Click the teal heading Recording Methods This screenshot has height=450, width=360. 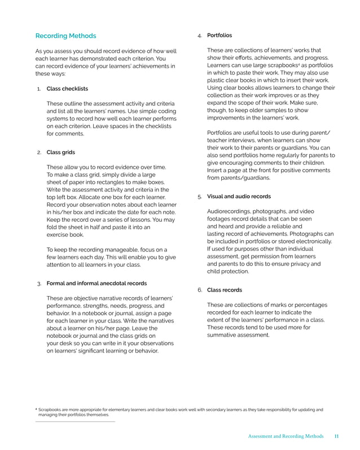pyautogui.click(x=65, y=36)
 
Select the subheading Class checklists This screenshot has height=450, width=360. pyautogui.click(x=67, y=89)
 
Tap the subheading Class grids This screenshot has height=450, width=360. pyautogui.click(x=60, y=152)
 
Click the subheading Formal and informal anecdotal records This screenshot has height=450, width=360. pyautogui.click(x=96, y=283)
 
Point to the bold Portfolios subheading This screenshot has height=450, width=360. pyautogui.click(x=219, y=36)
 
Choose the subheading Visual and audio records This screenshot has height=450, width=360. pyautogui.click(x=239, y=197)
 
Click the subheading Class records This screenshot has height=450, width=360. pyautogui.click(x=225, y=290)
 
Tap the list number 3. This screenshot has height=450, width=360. pyautogui.click(x=38, y=283)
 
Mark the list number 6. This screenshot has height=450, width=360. pyautogui.click(x=200, y=290)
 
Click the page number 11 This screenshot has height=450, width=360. pyautogui.click(x=336, y=436)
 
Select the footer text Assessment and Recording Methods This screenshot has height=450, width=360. pyautogui.click(x=286, y=436)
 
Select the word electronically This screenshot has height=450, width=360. pyautogui.click(x=313, y=241)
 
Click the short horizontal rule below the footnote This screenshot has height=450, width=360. pyautogui.click(x=75, y=421)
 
